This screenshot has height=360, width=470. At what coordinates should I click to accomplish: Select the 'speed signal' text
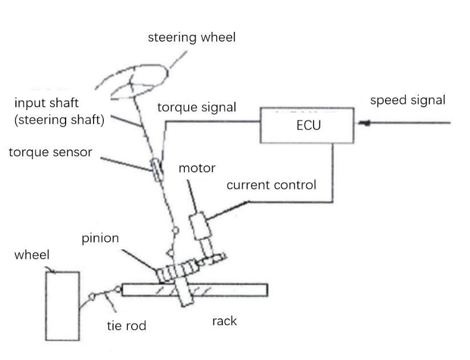(408, 100)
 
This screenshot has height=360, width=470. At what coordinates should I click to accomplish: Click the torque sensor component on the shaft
(156, 169)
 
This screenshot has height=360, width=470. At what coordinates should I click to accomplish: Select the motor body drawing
(200, 226)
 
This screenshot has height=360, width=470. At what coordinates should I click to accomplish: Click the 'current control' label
(271, 185)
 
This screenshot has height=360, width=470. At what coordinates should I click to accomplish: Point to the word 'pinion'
(99, 237)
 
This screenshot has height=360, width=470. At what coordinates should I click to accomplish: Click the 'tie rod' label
(127, 326)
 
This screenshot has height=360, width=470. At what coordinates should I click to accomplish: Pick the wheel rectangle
(62, 306)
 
